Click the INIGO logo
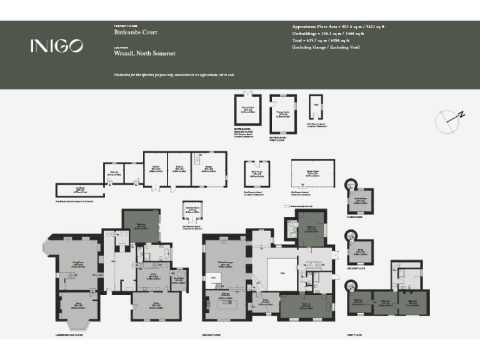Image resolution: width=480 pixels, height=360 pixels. click(x=56, y=46)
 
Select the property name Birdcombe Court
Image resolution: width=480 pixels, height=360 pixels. click(x=136, y=32)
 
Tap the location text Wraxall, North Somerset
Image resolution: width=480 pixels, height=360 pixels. click(x=144, y=54)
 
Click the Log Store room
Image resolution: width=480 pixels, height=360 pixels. click(x=79, y=190)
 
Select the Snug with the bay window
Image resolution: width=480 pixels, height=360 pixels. click(x=77, y=306)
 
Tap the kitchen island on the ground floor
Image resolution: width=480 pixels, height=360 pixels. click(x=224, y=307)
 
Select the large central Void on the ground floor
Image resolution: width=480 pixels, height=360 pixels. click(x=281, y=273)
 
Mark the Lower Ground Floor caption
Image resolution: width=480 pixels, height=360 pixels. click(x=68, y=336)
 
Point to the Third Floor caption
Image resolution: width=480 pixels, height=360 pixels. click(x=354, y=218)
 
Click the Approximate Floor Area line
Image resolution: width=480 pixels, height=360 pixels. click(x=338, y=27)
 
